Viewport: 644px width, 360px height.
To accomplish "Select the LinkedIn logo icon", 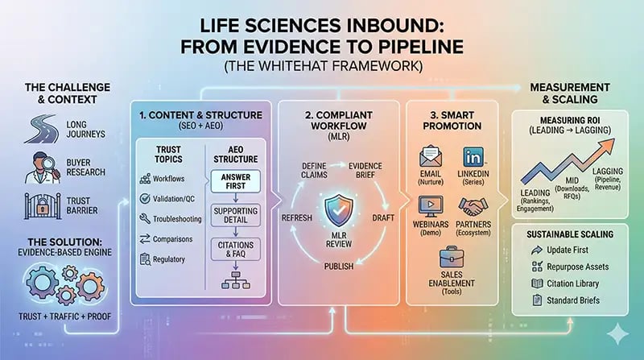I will coord(473,159).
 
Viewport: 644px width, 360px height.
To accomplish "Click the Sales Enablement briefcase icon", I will coord(452,259).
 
